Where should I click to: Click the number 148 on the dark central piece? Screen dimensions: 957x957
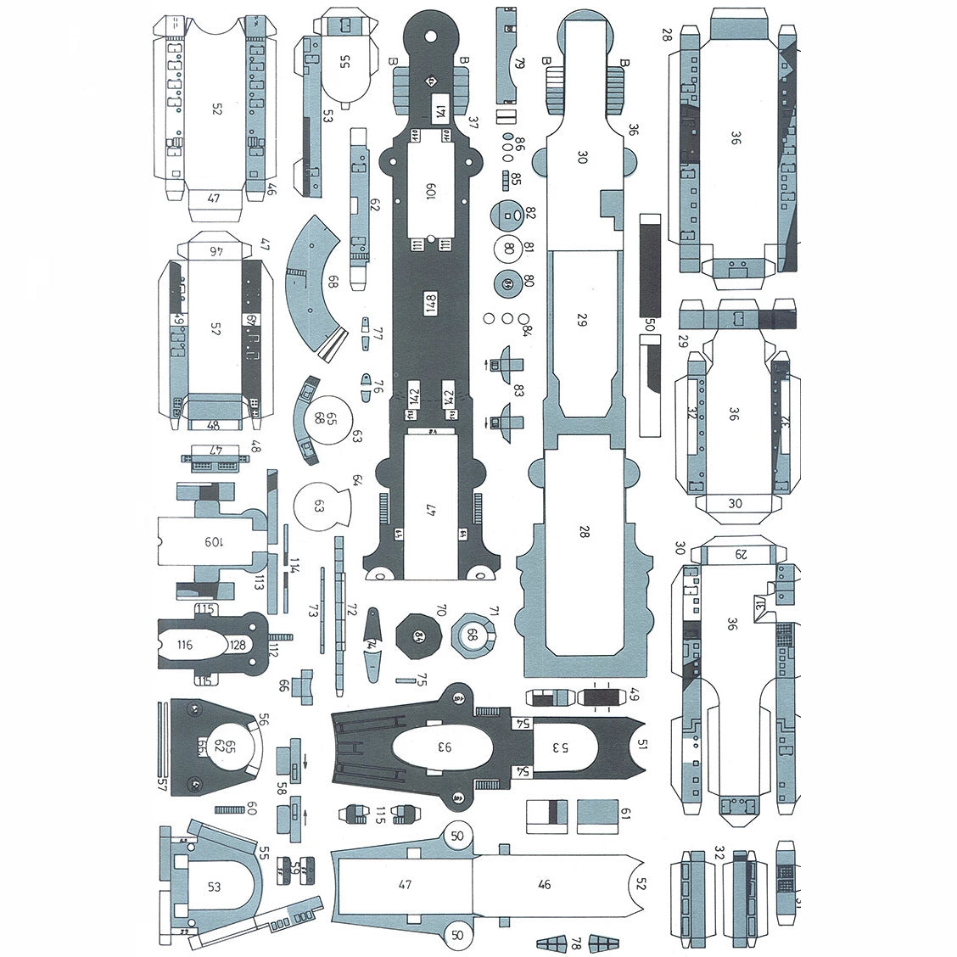coord(430,301)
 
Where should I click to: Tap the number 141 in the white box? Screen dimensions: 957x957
coord(439,109)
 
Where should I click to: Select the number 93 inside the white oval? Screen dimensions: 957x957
coord(445,747)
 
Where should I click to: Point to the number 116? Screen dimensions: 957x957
coord(184,645)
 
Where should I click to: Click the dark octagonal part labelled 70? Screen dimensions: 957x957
coord(419,635)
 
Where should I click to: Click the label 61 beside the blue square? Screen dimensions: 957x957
coord(625,814)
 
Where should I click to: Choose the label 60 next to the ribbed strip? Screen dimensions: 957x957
coord(251,809)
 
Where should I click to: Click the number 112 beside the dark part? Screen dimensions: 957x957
coord(272,649)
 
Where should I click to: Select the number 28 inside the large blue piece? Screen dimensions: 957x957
coord(583,532)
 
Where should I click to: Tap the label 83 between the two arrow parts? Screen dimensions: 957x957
coord(518,390)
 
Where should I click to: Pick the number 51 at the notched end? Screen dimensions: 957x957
coord(642,744)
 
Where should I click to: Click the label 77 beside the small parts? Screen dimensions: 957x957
coord(378,333)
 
